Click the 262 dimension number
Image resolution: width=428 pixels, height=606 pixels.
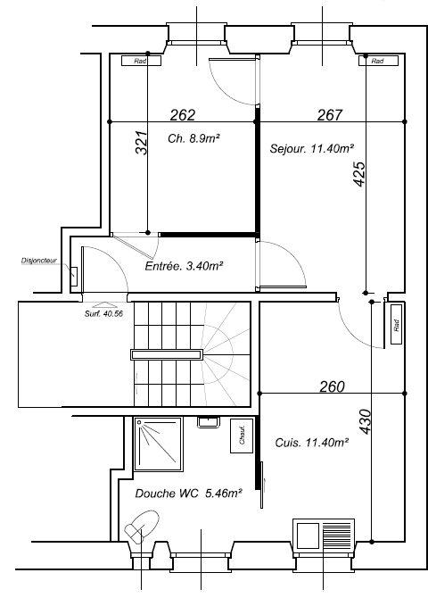click(182, 114)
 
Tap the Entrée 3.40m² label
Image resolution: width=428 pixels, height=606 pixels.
click(183, 265)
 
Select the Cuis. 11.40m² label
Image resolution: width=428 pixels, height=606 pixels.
click(312, 441)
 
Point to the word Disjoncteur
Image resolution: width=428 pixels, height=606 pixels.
click(38, 261)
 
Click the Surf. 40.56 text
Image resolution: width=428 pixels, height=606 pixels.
click(104, 313)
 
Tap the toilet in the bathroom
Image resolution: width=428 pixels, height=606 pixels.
click(141, 527)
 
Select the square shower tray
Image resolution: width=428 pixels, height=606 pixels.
click(158, 444)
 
